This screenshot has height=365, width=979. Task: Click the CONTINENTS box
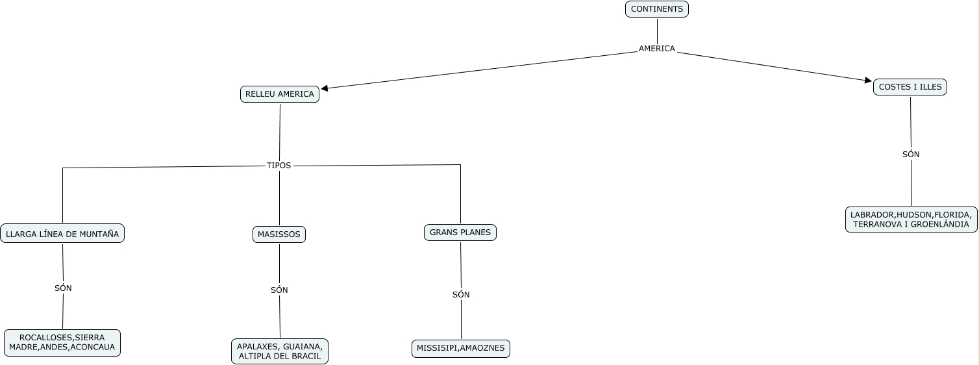656,9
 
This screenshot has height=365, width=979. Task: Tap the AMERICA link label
656,49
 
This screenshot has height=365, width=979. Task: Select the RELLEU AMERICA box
279,94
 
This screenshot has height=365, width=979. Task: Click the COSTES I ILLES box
910,87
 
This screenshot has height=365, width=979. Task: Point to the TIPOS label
279,166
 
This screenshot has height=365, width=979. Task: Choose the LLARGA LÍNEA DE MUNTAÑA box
62,234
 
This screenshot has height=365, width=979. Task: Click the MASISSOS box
279,234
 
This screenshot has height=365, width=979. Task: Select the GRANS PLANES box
460,233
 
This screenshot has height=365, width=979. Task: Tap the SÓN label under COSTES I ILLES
911,155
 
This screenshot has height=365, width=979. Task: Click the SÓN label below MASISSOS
279,290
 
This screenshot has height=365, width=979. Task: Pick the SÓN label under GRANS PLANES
461,295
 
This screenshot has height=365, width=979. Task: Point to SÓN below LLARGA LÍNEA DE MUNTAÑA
63,288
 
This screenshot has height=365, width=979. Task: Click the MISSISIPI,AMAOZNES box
460,349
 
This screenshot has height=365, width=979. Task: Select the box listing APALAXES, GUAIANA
280,351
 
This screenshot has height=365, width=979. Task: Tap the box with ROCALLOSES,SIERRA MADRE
62,343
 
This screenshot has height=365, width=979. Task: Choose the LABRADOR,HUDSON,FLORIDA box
911,220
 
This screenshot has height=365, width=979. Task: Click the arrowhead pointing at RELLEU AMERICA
325,88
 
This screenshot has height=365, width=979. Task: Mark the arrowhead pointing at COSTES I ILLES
868,81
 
